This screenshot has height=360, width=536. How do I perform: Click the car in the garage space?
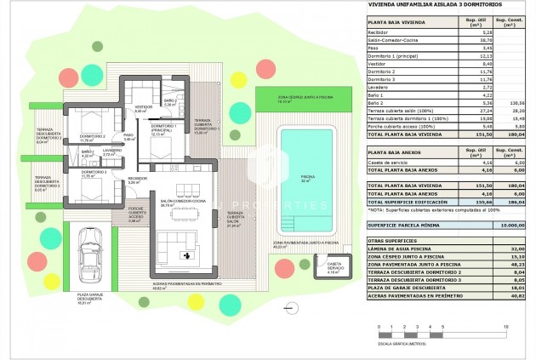(91, 259)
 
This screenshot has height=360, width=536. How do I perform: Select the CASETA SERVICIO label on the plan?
(334, 269)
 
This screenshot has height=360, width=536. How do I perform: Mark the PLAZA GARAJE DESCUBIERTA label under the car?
(91, 300)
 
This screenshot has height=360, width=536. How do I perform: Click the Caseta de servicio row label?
(389, 161)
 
